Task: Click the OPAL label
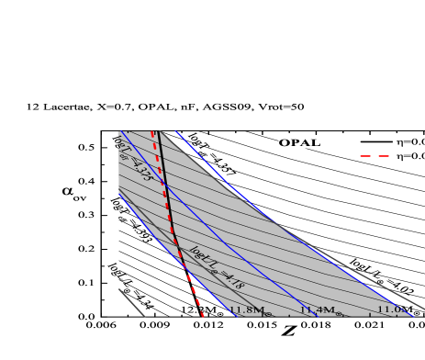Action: click(299, 142)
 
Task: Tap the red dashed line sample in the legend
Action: click(374, 156)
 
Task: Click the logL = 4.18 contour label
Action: click(216, 267)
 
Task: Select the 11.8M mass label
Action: click(246, 310)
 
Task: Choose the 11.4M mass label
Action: click(317, 310)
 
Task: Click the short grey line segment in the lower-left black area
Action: click(131, 302)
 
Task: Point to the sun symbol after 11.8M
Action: click(267, 313)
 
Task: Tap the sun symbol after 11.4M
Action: click(338, 313)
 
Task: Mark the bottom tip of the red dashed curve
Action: click(202, 316)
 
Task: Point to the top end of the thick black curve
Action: click(158, 132)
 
